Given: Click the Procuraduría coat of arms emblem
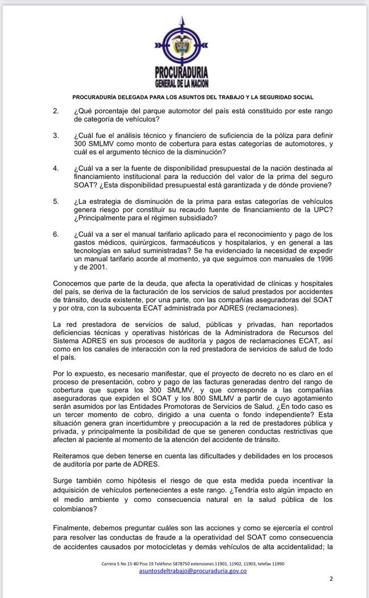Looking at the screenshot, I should point(184,41).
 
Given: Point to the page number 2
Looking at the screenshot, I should point(331,579).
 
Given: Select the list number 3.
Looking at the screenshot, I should point(56,136).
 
